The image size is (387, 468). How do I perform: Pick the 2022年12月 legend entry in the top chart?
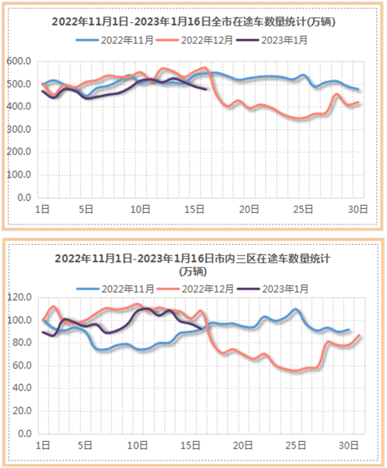pos(207,40)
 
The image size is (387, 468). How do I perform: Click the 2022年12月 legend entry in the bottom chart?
pos(207,289)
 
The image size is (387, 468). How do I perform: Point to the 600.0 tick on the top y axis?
pos(20,61)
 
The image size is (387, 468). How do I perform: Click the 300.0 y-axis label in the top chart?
pos(20,129)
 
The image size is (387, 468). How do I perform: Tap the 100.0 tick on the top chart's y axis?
pos(20,175)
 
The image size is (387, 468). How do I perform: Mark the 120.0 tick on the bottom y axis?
pos(21,298)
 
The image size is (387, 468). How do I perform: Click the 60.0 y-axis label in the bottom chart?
pos(23,365)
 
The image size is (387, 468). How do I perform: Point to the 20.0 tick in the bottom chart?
pos(23,411)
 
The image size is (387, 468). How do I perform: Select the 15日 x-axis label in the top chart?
pos(196,209)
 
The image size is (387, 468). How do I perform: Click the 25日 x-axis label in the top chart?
pos(305,209)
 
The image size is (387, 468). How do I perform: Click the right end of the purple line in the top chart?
pos(206,89)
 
